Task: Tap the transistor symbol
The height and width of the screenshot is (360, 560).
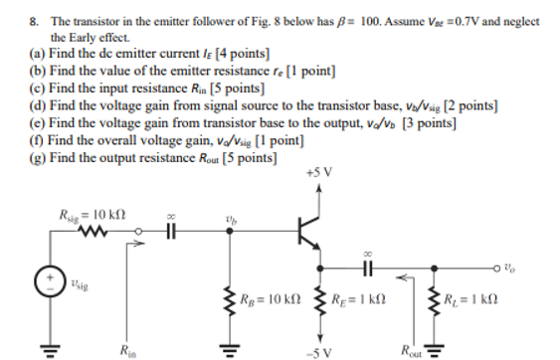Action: pyautogui.click(x=311, y=234)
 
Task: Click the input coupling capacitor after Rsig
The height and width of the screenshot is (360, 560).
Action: pyautogui.click(x=168, y=236)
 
